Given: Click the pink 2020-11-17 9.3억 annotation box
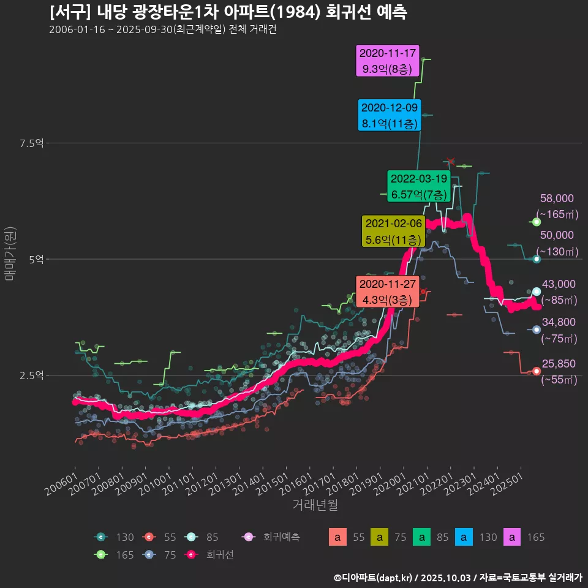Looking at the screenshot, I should click(388, 61).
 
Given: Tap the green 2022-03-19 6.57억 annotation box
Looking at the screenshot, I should click(419, 186).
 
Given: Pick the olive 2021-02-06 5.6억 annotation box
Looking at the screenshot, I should click(393, 232).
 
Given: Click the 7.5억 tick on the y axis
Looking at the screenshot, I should click(32, 143).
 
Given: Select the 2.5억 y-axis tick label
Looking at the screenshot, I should click(32, 375).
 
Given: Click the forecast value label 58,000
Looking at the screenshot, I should click(557, 198).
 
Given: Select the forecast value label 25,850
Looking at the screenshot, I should click(558, 364).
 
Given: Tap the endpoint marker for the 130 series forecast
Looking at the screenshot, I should click(537, 259).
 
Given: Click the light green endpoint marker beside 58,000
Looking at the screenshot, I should click(537, 222).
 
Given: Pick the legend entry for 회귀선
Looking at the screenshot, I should click(208, 555).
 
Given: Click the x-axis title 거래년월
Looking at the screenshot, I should click(315, 505).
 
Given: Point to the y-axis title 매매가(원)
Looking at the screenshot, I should click(10, 254).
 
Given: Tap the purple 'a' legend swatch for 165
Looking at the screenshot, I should click(511, 538).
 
